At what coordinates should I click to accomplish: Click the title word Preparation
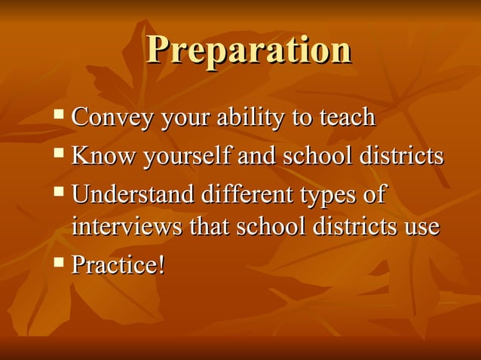pos(249,51)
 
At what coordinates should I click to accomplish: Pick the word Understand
pos(133,194)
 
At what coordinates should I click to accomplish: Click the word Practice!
pos(118,264)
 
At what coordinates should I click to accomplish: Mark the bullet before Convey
pos(59,116)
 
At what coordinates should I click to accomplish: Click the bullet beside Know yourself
pos(59,154)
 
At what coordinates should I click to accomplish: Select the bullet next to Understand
pos(59,193)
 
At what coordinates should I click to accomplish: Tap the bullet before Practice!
pos(59,263)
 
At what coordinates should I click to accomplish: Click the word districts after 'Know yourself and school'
pos(402,156)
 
